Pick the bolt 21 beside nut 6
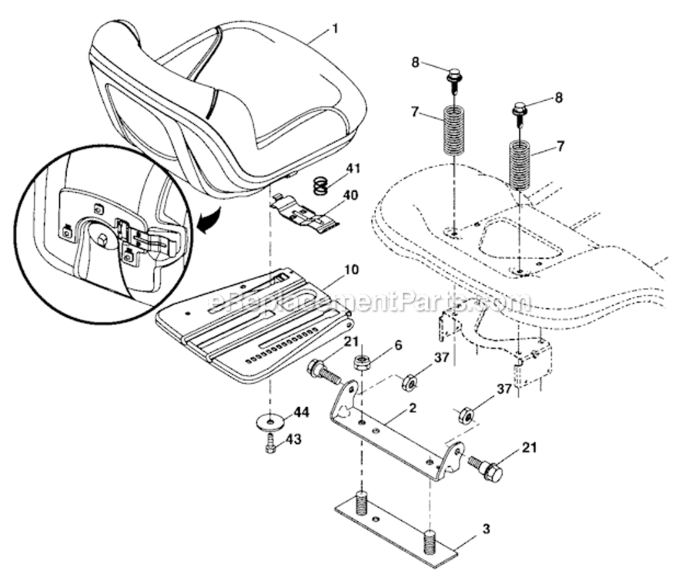coord(324,375)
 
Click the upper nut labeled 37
coord(410,381)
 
